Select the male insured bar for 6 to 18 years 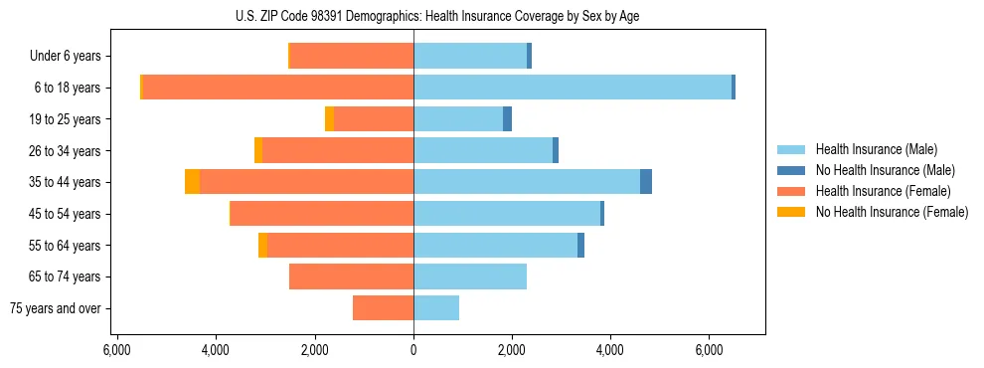573,88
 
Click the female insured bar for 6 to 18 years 278,88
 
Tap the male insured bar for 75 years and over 436,308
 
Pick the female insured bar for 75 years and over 383,308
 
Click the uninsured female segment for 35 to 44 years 193,182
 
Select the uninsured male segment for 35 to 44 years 646,182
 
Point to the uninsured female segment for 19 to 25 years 329,119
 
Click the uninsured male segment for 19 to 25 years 507,119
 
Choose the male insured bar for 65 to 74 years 470,276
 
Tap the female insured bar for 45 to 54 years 322,214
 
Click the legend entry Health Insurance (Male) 876,149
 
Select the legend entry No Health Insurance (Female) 892,212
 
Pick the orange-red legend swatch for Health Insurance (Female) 791,191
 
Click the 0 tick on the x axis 413,350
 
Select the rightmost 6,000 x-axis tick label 709,350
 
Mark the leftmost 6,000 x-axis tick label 117,350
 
